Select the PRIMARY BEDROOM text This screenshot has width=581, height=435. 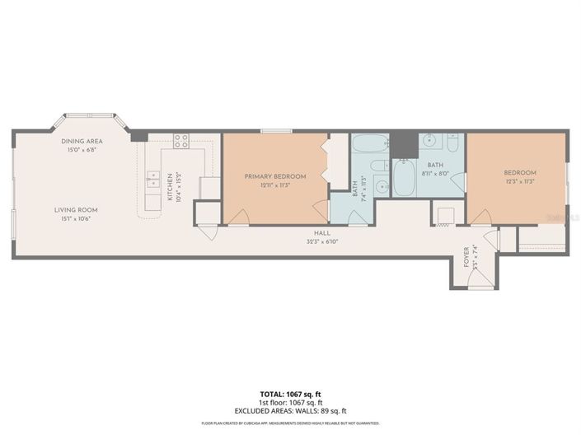(275, 176)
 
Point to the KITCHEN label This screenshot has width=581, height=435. (171, 188)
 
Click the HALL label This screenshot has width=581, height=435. (311, 233)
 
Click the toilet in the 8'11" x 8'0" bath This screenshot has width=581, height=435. (452, 143)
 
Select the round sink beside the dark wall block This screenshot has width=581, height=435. (428, 141)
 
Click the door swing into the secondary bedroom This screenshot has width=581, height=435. (480, 217)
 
